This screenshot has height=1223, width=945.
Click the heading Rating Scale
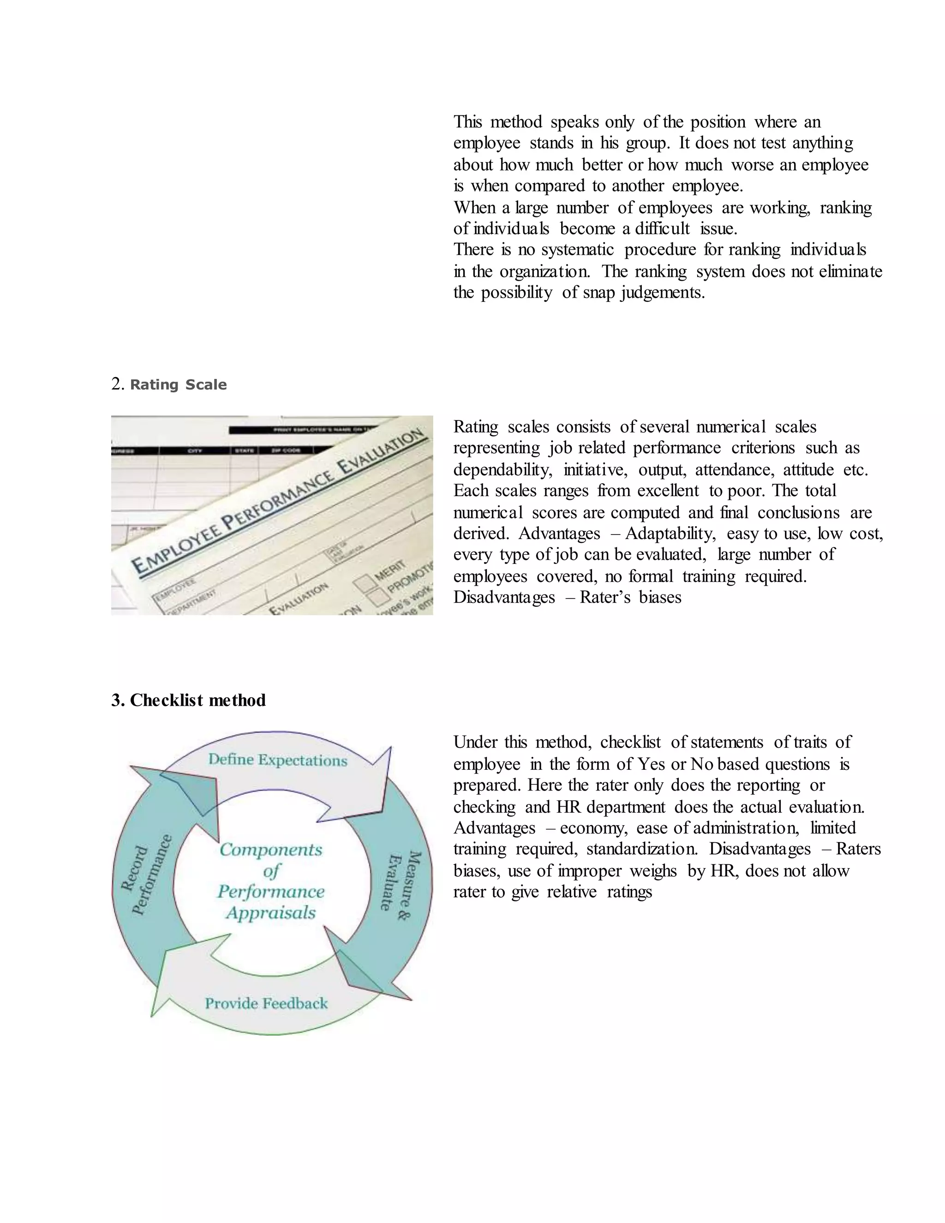coord(178,385)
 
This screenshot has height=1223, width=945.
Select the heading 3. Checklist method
coord(188,700)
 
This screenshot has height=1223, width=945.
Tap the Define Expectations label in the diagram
coord(278,760)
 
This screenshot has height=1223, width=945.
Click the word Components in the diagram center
coord(271,850)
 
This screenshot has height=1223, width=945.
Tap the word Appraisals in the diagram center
coord(271,913)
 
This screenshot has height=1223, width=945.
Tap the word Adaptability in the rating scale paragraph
coord(670,534)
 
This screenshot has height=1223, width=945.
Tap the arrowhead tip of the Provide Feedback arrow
coord(152,1016)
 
